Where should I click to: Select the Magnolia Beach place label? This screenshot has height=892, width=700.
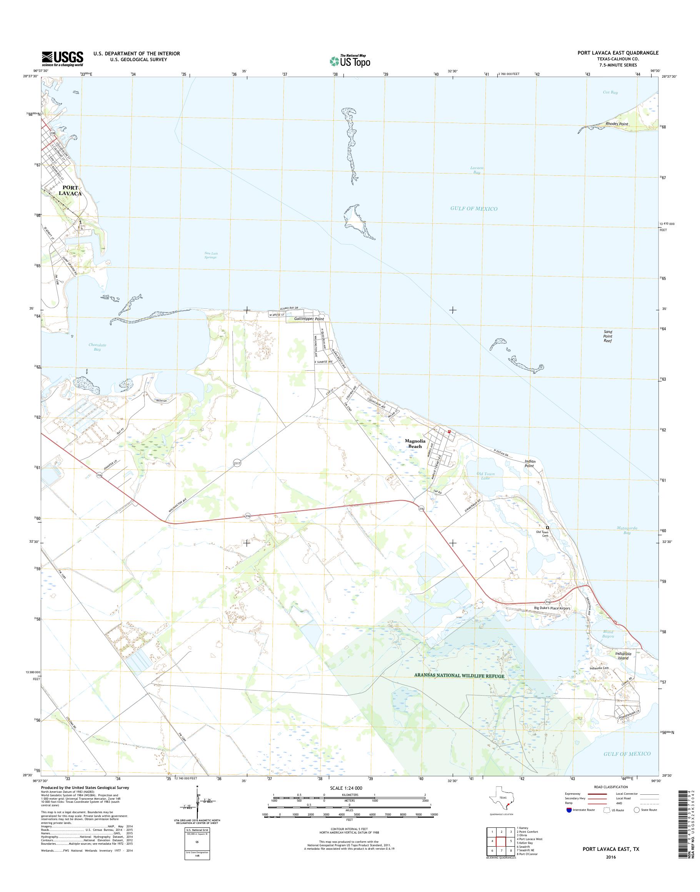[x=415, y=443]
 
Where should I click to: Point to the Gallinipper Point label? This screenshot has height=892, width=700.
[x=309, y=319]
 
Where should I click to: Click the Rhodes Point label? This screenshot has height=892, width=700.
[x=617, y=124]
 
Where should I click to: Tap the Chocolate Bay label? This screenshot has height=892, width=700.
[x=97, y=347]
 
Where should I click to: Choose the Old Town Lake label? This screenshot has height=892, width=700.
[x=486, y=476]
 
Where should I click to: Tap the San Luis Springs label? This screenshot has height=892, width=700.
[x=210, y=255]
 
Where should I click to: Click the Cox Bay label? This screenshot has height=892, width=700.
[x=610, y=92]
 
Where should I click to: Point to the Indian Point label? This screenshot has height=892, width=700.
[x=530, y=463]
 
